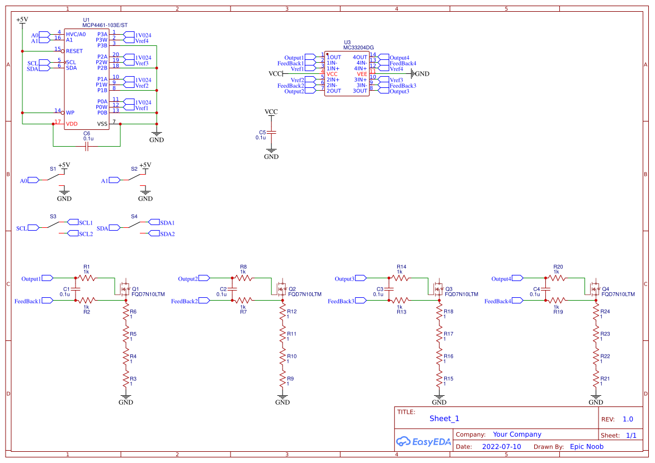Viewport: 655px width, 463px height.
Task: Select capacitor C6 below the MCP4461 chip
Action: point(87,147)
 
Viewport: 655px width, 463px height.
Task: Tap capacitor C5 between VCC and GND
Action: point(271,133)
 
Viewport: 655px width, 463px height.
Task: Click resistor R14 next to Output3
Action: point(399,278)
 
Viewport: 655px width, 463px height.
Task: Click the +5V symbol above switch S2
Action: point(145,165)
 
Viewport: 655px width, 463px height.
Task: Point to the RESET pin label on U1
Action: point(74,51)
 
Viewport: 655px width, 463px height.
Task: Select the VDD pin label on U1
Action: point(72,124)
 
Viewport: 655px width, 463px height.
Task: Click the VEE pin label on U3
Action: point(362,74)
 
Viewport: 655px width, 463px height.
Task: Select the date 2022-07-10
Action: point(501,447)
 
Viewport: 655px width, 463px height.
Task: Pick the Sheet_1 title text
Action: point(444,418)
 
